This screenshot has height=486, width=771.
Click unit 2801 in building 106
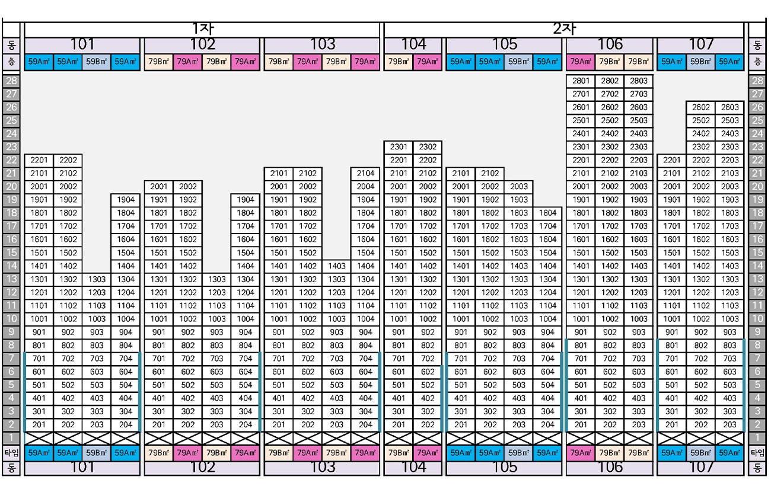tap(581, 81)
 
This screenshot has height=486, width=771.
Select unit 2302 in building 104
tap(428, 147)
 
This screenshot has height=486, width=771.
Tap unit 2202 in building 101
tap(68, 160)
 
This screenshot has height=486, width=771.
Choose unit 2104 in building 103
tap(366, 174)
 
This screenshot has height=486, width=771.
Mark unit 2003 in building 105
tap(519, 187)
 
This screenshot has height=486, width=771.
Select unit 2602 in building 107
tap(701, 107)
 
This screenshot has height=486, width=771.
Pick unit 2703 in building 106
tap(639, 94)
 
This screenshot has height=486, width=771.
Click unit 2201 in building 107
tap(672, 160)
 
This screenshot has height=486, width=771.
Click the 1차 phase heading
tap(202, 29)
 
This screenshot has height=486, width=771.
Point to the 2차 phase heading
tap(564, 29)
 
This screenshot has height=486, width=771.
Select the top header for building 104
tap(413, 44)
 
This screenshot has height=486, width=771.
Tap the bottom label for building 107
tap(701, 468)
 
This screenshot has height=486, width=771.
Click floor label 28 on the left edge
tap(12, 81)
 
